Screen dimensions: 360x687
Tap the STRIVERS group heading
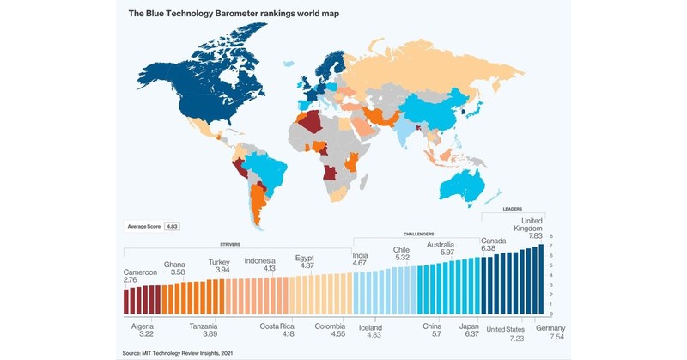tap(229, 244)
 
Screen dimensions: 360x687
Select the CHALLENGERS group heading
tap(418, 234)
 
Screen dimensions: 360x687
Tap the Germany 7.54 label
tap(550, 333)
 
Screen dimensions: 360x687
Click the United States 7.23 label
tap(507, 333)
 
